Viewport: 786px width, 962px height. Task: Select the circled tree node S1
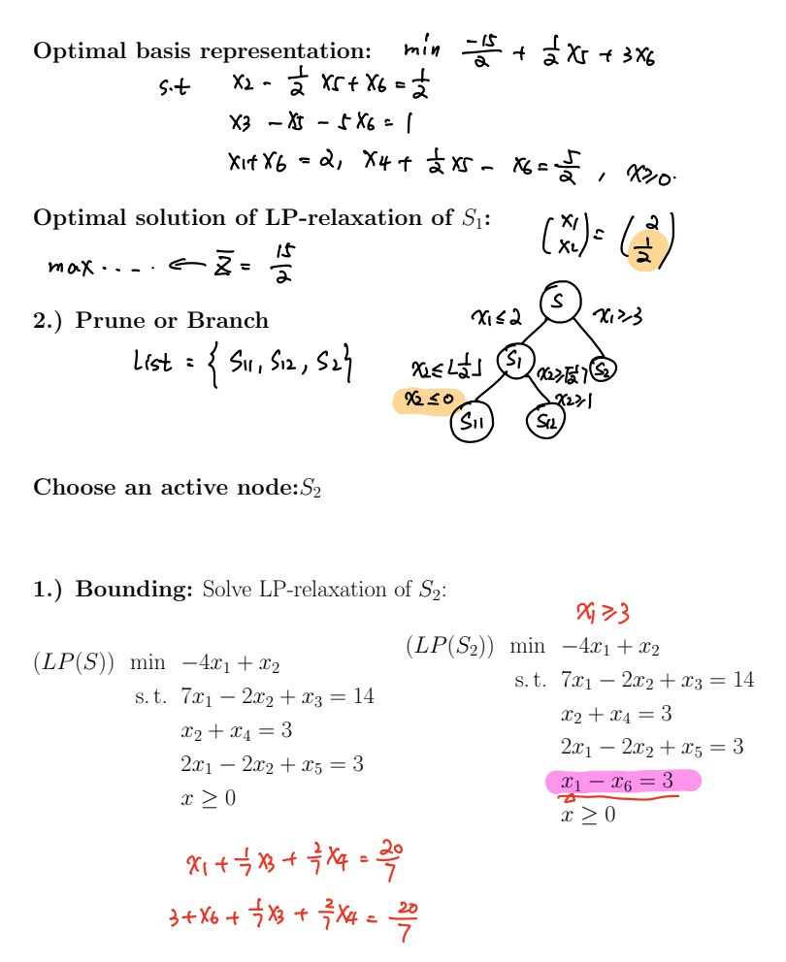(x=514, y=360)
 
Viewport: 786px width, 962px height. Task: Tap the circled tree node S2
(x=603, y=369)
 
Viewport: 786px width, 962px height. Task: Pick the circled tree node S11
(x=473, y=422)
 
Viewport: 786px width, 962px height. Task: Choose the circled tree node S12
(x=545, y=421)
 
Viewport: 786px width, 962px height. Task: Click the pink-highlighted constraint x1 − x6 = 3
(x=622, y=782)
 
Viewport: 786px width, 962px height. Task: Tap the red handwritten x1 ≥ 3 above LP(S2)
(x=603, y=612)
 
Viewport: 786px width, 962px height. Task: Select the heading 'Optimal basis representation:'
(x=202, y=51)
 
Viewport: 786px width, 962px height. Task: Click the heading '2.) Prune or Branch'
(x=150, y=320)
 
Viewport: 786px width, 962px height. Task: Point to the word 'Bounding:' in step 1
(x=137, y=589)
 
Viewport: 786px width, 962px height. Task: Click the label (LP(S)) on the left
(x=74, y=664)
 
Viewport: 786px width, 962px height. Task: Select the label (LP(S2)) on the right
(x=450, y=646)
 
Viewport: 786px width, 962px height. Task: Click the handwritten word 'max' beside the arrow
(x=73, y=265)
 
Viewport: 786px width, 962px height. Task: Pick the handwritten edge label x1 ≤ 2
(x=498, y=316)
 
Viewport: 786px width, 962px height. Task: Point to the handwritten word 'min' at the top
(x=423, y=49)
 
